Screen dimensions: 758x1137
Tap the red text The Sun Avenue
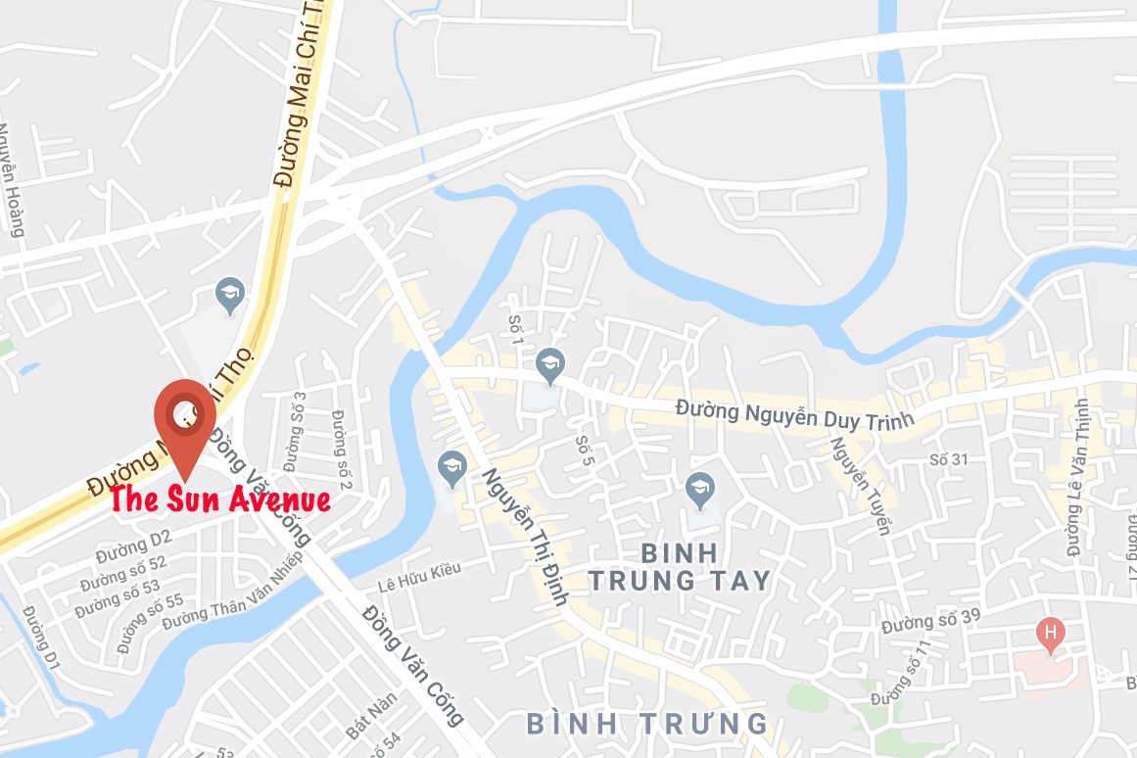point(219,499)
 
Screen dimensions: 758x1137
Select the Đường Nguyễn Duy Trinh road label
point(794,414)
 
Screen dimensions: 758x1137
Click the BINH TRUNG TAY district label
point(680,566)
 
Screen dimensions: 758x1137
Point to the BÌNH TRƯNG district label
point(646,724)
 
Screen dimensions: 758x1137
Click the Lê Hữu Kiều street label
point(418,577)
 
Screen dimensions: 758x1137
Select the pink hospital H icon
point(1050,634)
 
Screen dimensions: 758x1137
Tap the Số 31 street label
point(948,459)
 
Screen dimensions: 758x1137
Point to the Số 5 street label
point(586,451)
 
